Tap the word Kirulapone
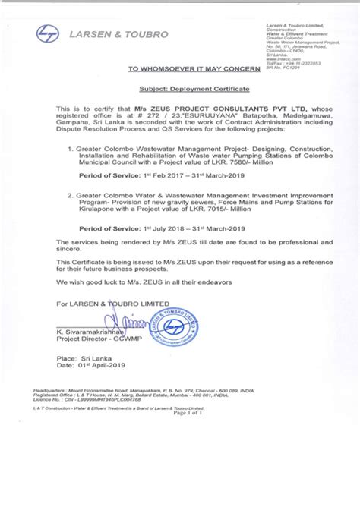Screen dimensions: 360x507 96,213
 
